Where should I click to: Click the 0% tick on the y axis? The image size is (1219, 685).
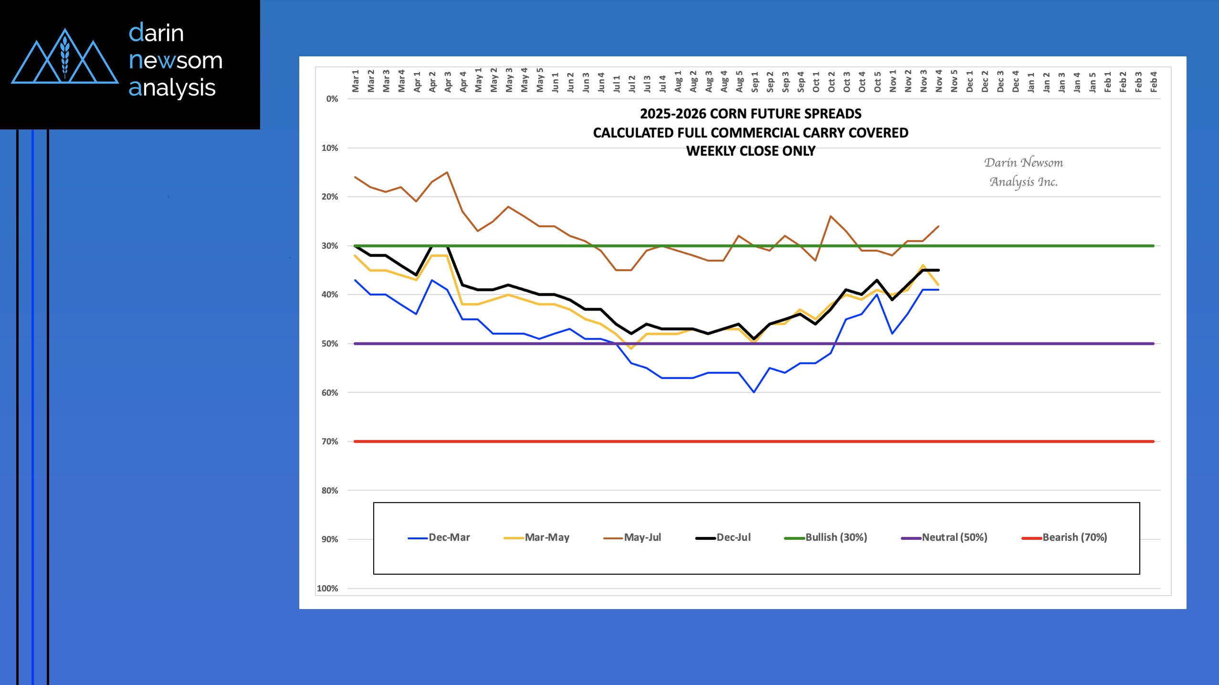pyautogui.click(x=332, y=99)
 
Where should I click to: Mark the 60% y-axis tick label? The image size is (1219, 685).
pyautogui.click(x=330, y=393)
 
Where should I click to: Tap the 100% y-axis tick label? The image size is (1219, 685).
pyautogui.click(x=328, y=589)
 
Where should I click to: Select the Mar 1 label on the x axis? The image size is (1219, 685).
pyautogui.click(x=356, y=81)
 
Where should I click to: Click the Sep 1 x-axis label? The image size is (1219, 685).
pyautogui.click(x=755, y=82)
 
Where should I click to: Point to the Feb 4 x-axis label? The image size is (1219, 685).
pyautogui.click(x=1154, y=82)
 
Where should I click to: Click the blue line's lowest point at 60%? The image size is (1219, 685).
pyautogui.click(x=754, y=392)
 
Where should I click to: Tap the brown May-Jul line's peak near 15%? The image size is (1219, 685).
pyautogui.click(x=447, y=172)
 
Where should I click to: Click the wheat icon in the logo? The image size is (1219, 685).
pyautogui.click(x=65, y=56)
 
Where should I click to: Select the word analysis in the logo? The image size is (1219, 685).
pyautogui.click(x=172, y=88)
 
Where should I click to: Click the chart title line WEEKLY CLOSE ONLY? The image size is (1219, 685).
pyautogui.click(x=750, y=151)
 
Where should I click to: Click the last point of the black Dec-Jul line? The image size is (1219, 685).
pyautogui.click(x=938, y=270)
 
